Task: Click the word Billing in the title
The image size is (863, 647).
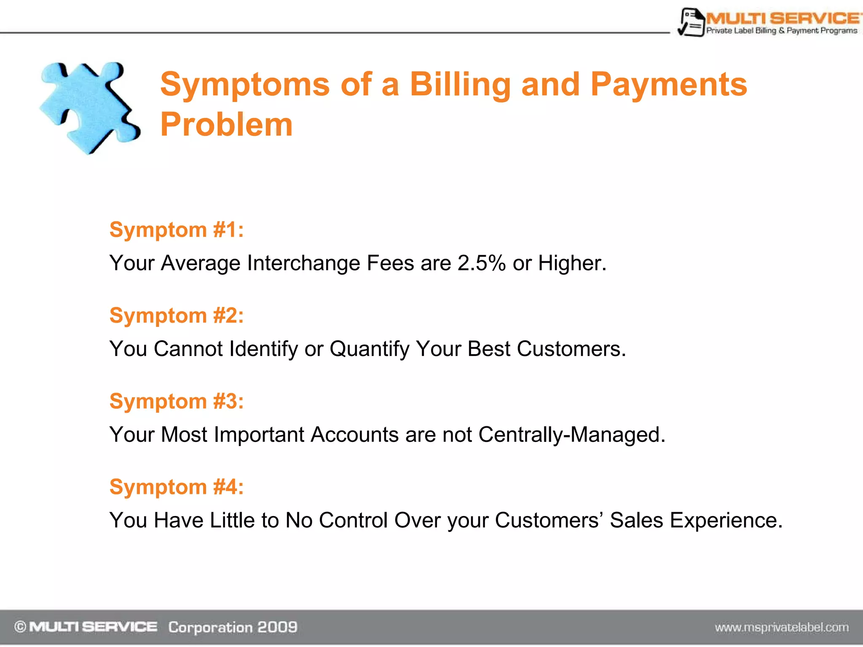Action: [460, 85]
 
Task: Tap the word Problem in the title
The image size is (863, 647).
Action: [226, 125]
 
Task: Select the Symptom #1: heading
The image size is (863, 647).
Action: [177, 230]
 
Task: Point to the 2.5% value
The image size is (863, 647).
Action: [481, 263]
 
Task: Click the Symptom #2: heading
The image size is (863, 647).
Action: [177, 315]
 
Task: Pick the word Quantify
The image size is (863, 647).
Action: [370, 349]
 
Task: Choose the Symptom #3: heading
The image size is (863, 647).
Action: [177, 401]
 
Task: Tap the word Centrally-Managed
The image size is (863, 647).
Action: [571, 435]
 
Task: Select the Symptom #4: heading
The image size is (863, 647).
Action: [177, 487]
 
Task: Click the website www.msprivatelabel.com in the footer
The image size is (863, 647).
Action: [782, 628]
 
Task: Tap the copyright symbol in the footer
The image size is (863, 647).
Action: [20, 627]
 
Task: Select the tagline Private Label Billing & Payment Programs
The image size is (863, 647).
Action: [782, 31]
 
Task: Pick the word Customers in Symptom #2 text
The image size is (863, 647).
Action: [571, 349]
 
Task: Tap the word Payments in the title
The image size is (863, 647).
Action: [669, 85]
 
